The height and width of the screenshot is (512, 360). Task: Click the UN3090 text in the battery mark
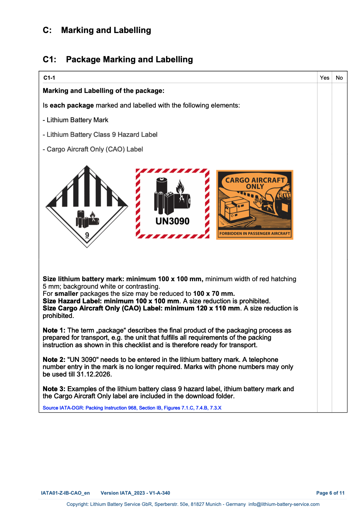click(173, 221)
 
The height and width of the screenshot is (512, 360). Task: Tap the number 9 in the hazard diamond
click(87, 235)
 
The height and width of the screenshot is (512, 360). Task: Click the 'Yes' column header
click(324, 78)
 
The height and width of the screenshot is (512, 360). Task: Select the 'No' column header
click(339, 78)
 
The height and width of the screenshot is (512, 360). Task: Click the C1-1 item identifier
click(49, 78)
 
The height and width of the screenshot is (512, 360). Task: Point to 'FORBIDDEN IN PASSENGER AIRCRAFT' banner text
click(255, 234)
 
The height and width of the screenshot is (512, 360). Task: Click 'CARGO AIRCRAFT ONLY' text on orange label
click(255, 183)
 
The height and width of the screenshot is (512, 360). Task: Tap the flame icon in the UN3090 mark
click(180, 188)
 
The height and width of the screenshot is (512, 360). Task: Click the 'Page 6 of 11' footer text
click(330, 493)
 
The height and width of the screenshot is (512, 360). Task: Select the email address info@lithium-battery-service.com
click(284, 504)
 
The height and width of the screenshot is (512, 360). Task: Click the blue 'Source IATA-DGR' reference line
click(132, 408)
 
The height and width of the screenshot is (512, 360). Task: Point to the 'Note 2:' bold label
click(54, 359)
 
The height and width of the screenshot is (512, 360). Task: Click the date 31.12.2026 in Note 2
click(94, 374)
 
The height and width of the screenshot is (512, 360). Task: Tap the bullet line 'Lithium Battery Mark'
click(77, 120)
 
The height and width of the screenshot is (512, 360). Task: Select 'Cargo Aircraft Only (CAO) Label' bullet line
click(95, 149)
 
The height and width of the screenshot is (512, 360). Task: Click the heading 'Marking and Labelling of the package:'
click(103, 91)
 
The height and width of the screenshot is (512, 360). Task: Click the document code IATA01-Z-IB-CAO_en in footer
click(65, 493)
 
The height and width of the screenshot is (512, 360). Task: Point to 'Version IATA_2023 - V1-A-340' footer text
click(135, 493)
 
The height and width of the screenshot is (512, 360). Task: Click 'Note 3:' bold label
click(54, 389)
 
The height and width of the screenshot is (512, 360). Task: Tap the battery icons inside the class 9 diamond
click(87, 219)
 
